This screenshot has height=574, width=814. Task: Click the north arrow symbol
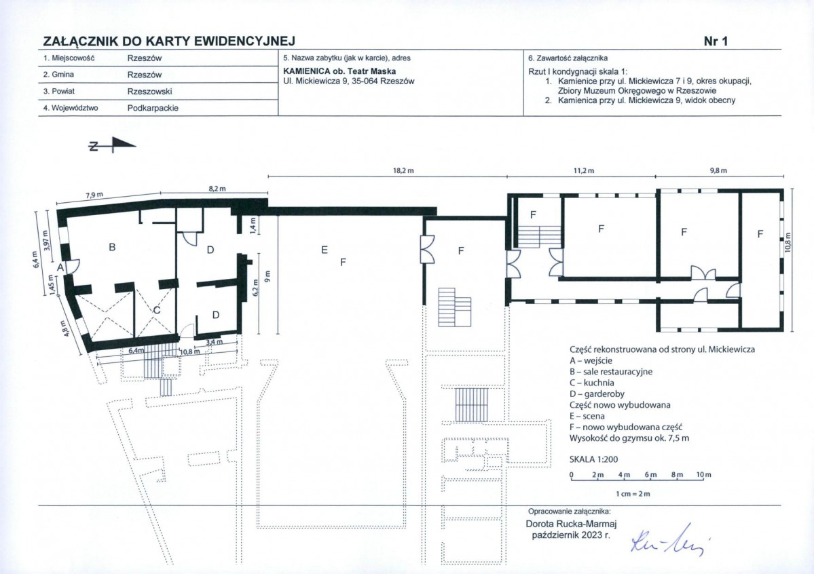(x=112, y=145)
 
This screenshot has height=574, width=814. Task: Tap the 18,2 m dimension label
(x=403, y=170)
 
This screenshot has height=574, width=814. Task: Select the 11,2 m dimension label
(x=583, y=170)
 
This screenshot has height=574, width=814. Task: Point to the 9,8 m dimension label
(x=718, y=170)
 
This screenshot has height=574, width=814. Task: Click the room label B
(x=111, y=248)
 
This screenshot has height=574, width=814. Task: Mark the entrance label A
(x=60, y=267)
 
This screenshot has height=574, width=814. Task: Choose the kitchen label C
(x=157, y=310)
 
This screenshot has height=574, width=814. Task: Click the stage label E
(x=325, y=250)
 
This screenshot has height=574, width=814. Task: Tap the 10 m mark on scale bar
(x=704, y=474)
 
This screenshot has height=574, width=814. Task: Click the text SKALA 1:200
(x=594, y=459)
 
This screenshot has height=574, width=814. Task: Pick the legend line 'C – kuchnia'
(x=592, y=383)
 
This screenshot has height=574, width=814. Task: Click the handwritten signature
(x=669, y=539)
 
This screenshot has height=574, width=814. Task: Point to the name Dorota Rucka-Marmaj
(x=571, y=524)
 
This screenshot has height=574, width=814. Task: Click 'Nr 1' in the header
(x=716, y=41)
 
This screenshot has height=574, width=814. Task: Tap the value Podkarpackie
(x=153, y=108)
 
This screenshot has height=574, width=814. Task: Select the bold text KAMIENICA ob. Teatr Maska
(x=339, y=71)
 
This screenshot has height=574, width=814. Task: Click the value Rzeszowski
(x=149, y=92)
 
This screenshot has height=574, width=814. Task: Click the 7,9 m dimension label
(x=94, y=195)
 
